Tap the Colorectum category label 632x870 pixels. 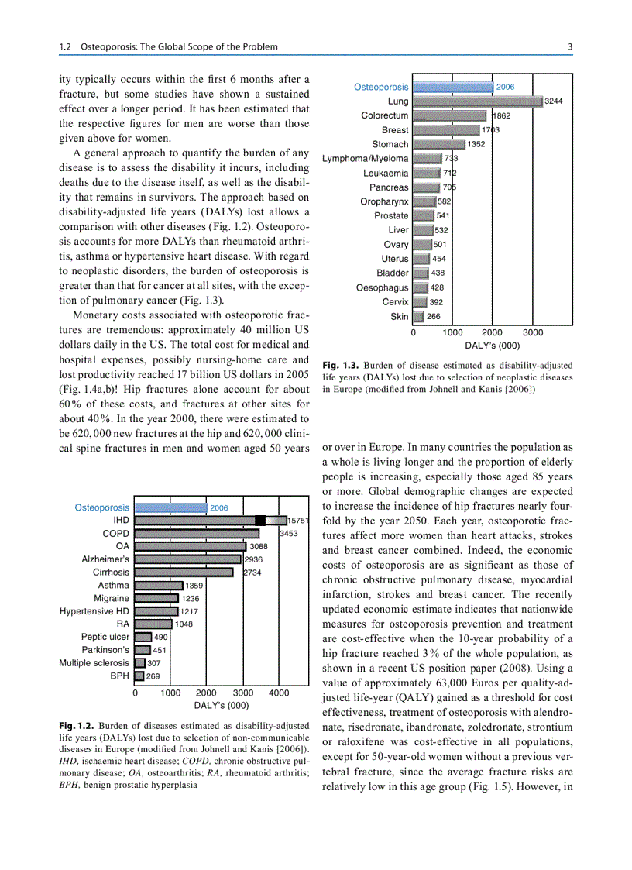coord(385,115)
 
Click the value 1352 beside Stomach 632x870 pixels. coord(477,144)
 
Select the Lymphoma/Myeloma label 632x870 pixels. coord(366,159)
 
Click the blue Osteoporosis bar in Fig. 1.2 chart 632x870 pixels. coord(171,507)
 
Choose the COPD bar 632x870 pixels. coord(197,534)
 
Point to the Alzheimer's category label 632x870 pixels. coord(106,559)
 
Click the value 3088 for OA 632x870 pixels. coord(258,547)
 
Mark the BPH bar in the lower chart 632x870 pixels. coord(140,676)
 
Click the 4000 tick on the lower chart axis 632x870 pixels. coord(279,693)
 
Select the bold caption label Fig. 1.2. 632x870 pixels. coord(77,726)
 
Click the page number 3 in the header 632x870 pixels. coord(570,47)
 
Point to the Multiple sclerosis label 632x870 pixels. coord(94,663)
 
